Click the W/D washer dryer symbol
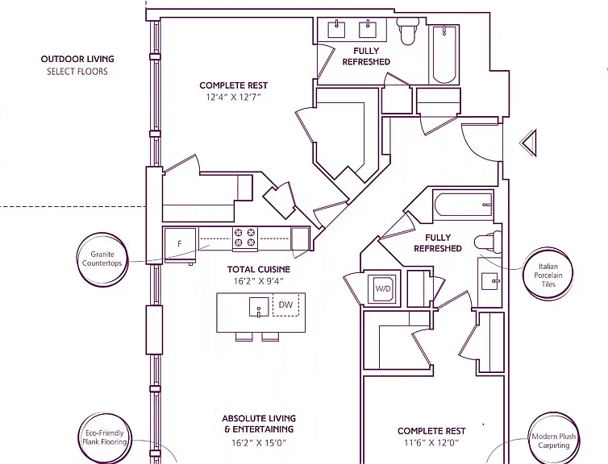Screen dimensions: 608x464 (x=382, y=288)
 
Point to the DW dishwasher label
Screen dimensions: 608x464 (x=285, y=304)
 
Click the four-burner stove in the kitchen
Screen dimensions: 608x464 (x=245, y=238)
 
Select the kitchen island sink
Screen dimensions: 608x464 (x=259, y=307)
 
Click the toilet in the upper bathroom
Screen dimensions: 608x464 (x=407, y=31)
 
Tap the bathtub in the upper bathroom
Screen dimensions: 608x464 (x=444, y=54)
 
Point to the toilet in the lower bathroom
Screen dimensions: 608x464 (x=488, y=242)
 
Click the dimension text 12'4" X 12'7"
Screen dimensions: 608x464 (x=233, y=97)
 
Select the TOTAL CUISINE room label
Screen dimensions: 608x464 (x=259, y=269)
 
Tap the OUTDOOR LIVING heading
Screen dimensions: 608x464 (x=77, y=60)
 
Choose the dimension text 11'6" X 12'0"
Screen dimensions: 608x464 (x=431, y=442)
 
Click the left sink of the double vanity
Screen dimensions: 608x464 (x=336, y=30)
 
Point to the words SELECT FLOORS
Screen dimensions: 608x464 (x=77, y=72)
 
